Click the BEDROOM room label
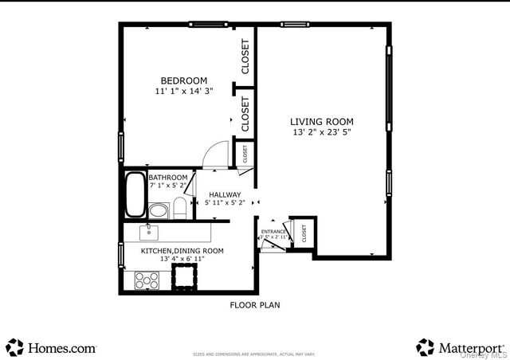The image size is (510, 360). point(183,80)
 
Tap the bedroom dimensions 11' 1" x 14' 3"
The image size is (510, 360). point(183,92)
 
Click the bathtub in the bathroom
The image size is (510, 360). point(135,196)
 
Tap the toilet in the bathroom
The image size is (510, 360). point(180,210)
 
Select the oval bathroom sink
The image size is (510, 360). point(159,211)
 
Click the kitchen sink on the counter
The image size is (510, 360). point(148,233)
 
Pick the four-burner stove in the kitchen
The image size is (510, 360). point(147,280)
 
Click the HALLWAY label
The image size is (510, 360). point(225,194)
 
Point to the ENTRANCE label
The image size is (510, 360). point(273,232)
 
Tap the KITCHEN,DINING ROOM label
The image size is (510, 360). point(182,250)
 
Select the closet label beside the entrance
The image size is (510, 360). point(304,233)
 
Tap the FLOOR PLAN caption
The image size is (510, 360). point(255,305)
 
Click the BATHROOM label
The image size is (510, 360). point(168,177)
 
